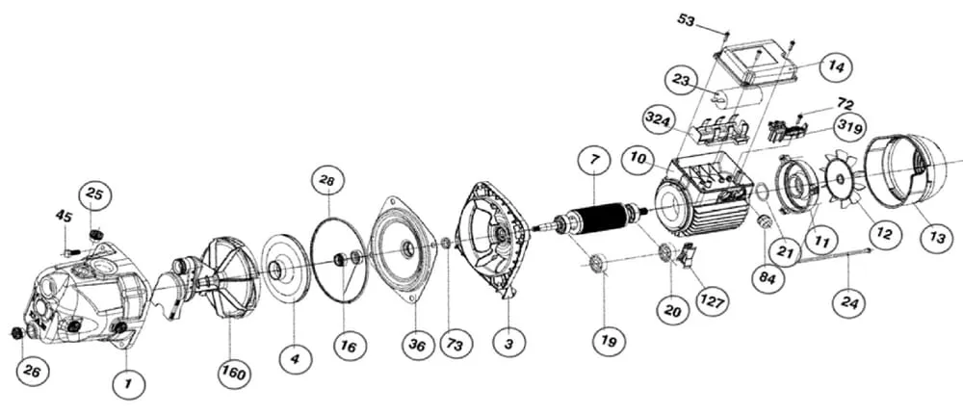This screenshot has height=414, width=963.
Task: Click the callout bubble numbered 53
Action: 686,18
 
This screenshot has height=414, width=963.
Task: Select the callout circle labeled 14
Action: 835,67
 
